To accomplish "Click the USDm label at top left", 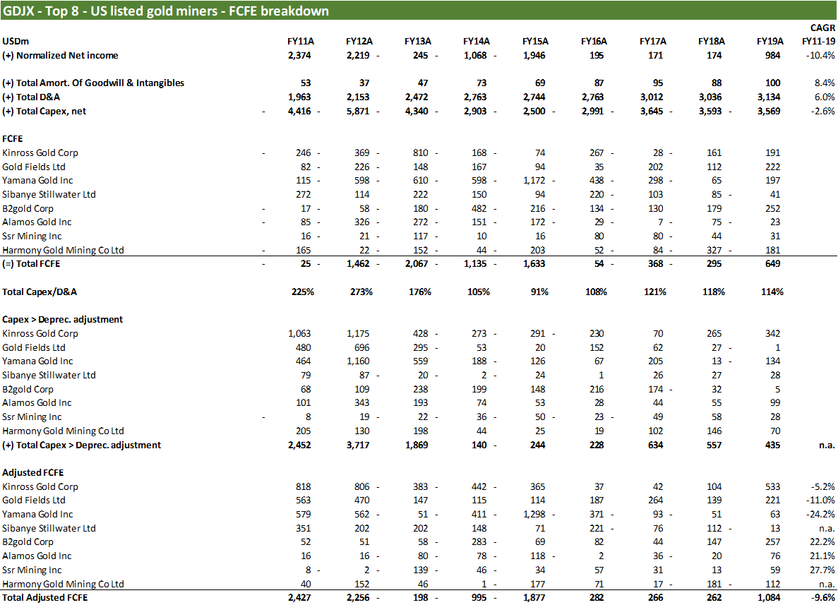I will click(16, 41).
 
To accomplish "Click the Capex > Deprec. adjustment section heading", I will click(62, 319).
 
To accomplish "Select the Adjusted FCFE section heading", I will click(33, 472).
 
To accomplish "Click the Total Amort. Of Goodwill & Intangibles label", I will click(93, 83).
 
